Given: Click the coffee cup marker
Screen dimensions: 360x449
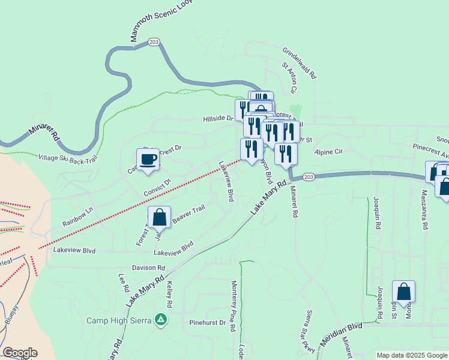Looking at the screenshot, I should (148, 160).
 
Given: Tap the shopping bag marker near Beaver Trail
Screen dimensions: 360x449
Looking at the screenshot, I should (160, 218).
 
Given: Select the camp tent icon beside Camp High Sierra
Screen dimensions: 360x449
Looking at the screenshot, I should (161, 320).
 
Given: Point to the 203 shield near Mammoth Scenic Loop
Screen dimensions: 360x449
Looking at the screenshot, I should (154, 42).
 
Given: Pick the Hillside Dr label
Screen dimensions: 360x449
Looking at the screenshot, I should (217, 119).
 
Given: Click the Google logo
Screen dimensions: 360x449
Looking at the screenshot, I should (20, 353).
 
